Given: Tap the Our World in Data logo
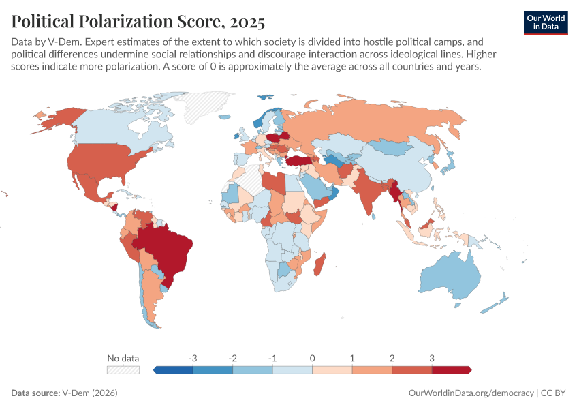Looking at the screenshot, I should [545, 22].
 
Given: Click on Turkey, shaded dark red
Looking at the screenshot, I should [298, 161].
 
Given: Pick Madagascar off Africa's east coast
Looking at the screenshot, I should [319, 264].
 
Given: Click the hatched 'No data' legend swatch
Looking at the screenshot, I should [123, 369].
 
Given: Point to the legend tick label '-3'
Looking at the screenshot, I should [193, 358].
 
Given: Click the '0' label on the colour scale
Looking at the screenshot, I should [312, 358].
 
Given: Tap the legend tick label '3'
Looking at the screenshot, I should [431, 358].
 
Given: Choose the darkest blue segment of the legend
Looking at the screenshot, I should [174, 369].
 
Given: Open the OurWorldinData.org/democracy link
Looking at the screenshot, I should [471, 393].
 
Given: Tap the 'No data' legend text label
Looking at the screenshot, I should [123, 358].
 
